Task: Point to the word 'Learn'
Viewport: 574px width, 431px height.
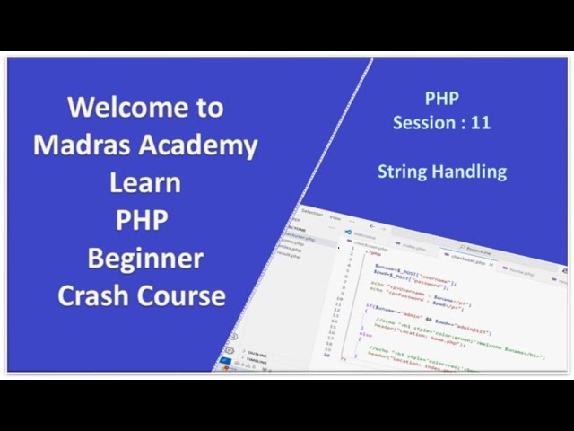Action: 144,182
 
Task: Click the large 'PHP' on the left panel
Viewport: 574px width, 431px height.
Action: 142,220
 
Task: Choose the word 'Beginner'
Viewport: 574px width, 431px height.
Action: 144,259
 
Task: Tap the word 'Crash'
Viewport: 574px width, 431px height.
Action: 96,295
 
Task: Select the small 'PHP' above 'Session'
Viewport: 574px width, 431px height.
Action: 441,98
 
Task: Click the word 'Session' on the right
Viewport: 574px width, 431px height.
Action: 423,122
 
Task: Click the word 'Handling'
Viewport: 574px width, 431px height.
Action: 474,171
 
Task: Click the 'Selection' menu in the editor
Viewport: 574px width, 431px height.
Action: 311,213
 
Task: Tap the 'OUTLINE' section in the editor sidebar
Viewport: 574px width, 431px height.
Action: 256,354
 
